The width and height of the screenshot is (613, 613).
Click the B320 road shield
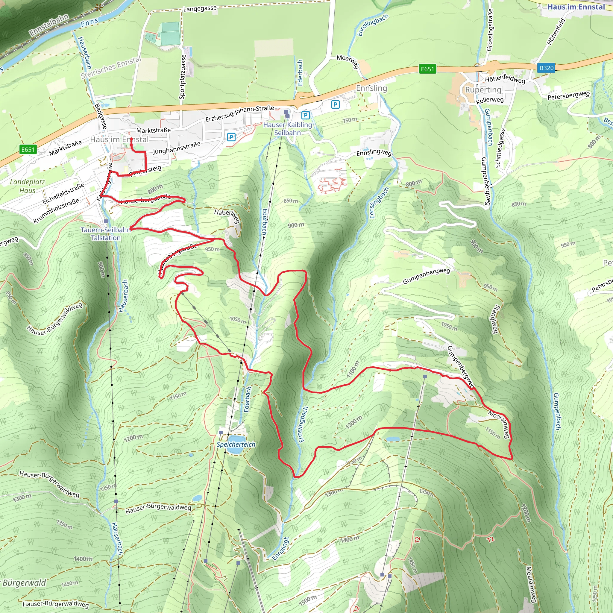[546, 68]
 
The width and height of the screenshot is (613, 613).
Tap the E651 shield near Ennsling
[427, 69]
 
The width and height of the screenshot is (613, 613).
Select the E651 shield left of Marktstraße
[28, 149]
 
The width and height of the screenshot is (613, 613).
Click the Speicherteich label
[236, 444]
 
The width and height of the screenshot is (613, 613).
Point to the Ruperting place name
[483, 90]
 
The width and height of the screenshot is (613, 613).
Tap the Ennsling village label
[371, 88]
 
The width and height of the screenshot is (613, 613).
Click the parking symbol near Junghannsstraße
[231, 137]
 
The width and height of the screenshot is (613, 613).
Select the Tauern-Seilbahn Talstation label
[105, 233]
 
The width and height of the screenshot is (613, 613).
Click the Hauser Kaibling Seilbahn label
[287, 128]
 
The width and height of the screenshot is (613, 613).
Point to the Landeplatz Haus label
[27, 186]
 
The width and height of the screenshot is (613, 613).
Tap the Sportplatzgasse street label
[183, 77]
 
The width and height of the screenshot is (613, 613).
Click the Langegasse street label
[200, 9]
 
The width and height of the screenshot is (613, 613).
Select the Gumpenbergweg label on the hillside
[426, 276]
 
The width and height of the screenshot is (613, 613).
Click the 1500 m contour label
[307, 600]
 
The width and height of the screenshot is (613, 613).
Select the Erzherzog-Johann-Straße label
[240, 113]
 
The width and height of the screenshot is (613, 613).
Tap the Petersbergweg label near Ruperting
[568, 95]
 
